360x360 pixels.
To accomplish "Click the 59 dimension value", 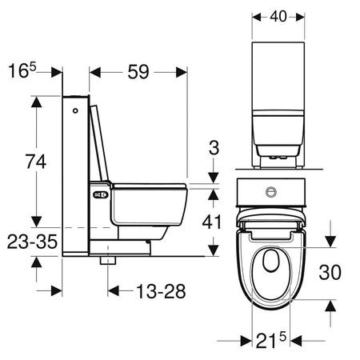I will click(140, 72).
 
